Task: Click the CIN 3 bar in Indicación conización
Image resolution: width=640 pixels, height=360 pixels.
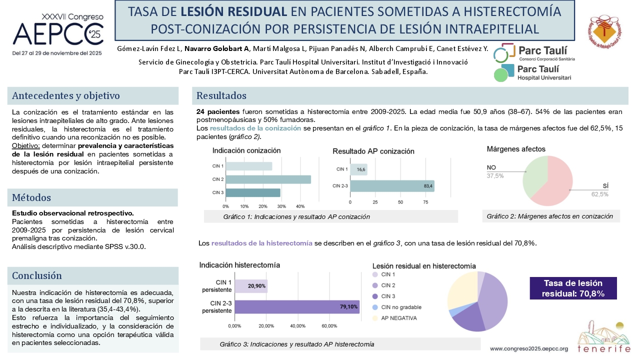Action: click(253, 193)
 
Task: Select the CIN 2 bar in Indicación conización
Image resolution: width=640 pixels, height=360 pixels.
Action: click(268, 179)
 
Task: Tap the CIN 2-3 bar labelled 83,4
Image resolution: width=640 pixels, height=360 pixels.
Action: click(392, 186)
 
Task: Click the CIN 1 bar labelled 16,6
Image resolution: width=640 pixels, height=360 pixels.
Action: click(358, 169)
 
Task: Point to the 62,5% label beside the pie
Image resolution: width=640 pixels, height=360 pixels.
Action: click(599, 194)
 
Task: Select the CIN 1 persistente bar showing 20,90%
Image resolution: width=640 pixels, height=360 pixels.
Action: click(251, 286)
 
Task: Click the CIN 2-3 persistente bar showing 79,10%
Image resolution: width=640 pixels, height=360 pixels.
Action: click(297, 307)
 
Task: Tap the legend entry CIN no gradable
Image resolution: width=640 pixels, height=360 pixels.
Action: click(397, 307)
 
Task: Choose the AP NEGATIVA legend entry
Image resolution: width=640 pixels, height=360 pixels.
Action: click(394, 318)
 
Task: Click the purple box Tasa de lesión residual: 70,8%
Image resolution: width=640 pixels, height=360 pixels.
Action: click(573, 288)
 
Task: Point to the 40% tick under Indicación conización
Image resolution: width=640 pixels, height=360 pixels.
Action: click(300, 206)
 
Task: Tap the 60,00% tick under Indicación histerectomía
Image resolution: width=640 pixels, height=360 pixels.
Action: click(329, 325)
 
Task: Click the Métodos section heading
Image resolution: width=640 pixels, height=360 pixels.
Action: click(31, 197)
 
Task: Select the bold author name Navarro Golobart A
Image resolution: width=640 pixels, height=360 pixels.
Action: click(216, 48)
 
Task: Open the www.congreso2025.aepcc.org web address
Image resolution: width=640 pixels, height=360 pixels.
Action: click(529, 348)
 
